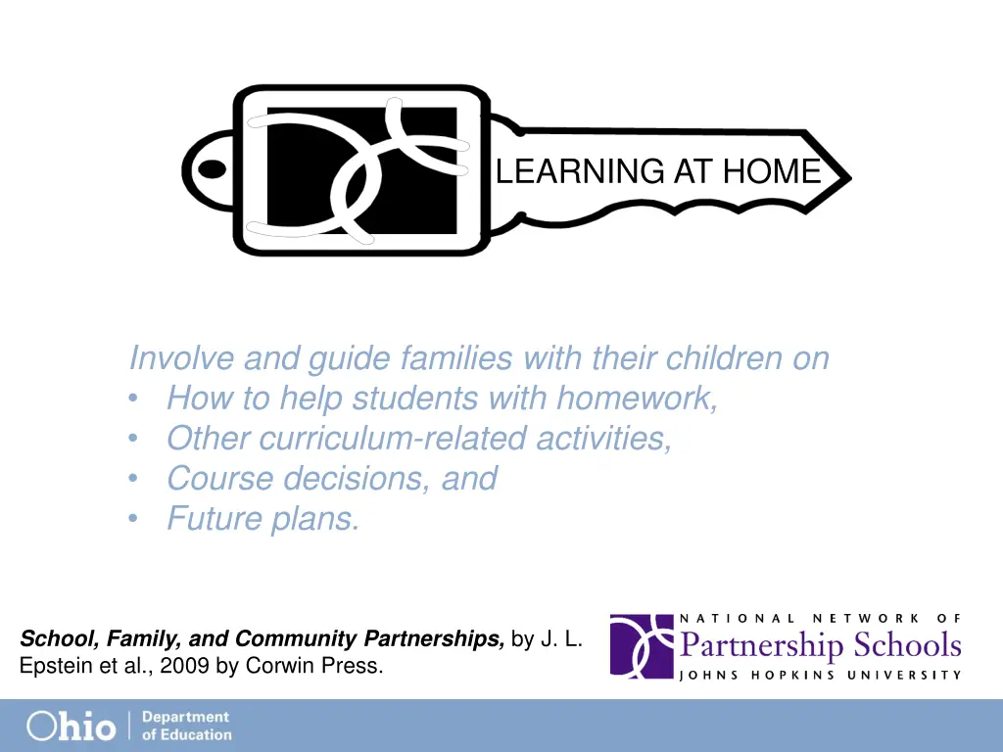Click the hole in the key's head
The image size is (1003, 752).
coord(211,169)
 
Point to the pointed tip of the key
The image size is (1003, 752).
coord(848,179)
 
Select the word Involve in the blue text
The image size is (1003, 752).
coord(182,358)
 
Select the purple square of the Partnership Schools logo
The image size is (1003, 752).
coord(642,646)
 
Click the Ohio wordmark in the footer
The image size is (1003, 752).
coord(71,726)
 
